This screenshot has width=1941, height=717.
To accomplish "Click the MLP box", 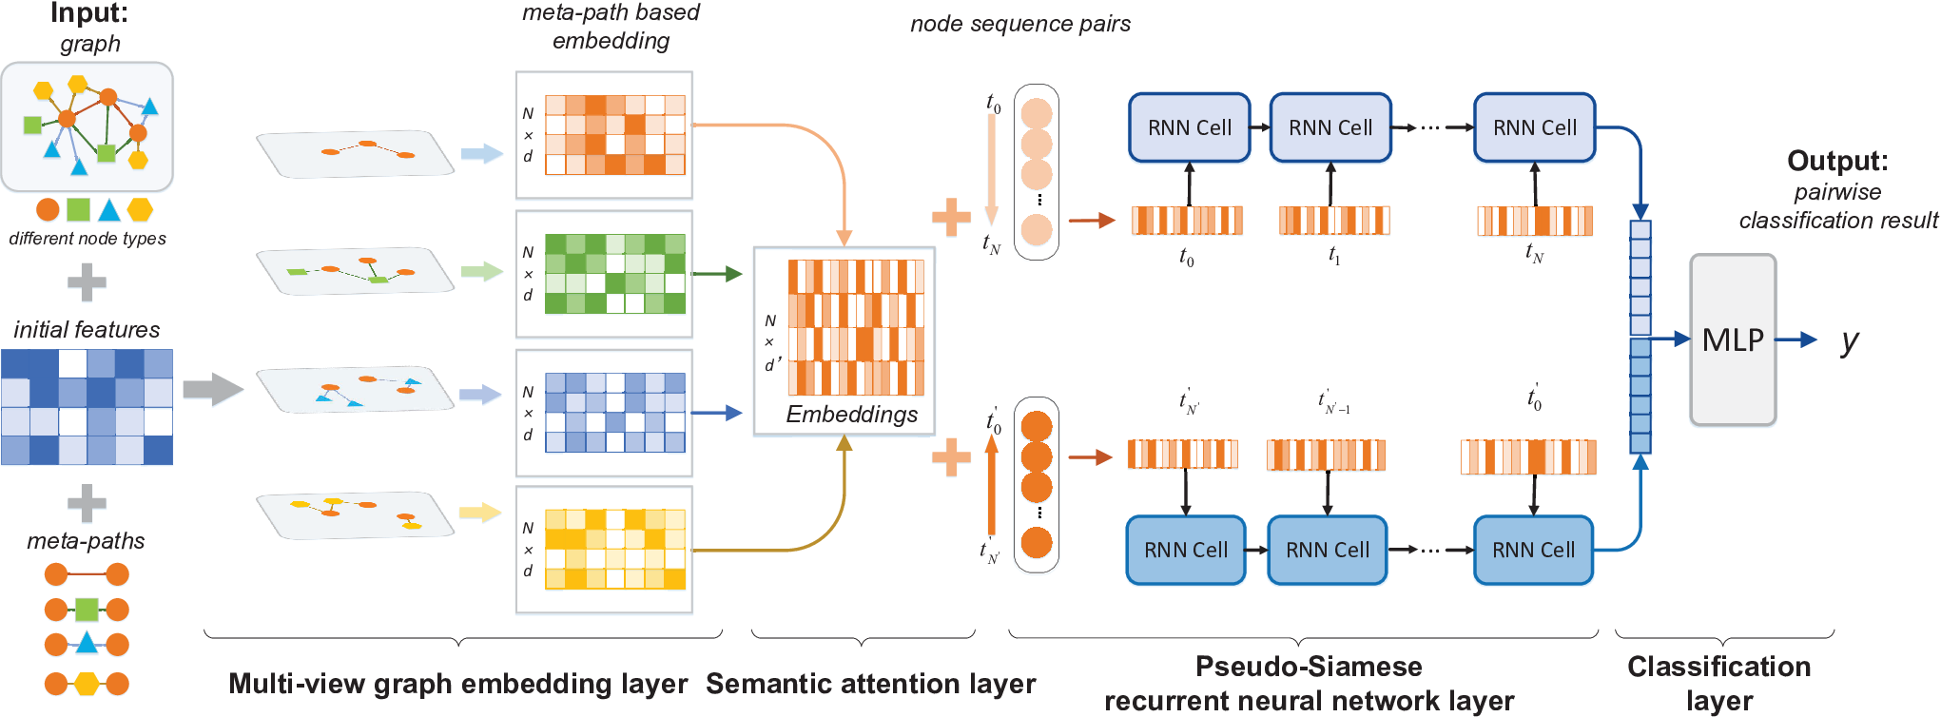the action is (x=1733, y=339).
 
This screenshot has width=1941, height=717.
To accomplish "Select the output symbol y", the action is (x=1850, y=341).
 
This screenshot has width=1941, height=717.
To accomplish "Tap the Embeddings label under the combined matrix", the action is (x=851, y=415).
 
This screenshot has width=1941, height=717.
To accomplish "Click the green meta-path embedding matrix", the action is (x=615, y=274).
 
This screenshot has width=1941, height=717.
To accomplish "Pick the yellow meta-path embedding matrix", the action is (x=615, y=550).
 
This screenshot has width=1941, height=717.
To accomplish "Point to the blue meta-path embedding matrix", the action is (x=615, y=413).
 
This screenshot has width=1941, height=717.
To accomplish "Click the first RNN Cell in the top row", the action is (x=1189, y=127).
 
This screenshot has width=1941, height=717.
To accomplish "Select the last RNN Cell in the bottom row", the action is (x=1533, y=550).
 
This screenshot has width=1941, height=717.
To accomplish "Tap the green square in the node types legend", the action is (x=79, y=209).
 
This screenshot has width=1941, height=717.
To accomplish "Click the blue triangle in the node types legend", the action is (x=109, y=210).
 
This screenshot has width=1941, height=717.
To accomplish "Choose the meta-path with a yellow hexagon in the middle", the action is (x=87, y=684).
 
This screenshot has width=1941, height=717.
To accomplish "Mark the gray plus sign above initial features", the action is (x=87, y=281).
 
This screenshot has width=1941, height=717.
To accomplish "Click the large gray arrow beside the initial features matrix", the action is (x=213, y=389).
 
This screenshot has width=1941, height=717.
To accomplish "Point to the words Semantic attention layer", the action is (x=870, y=684).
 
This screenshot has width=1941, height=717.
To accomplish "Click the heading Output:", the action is (x=1837, y=161).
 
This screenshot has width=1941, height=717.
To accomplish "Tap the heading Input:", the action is (x=89, y=13).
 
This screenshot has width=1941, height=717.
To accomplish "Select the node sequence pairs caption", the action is (x=1020, y=24).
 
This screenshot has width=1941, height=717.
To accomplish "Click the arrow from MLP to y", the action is (x=1796, y=339).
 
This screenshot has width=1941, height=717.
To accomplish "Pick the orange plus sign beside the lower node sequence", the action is (x=951, y=457).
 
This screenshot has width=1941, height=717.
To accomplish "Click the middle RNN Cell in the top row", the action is (x=1330, y=127).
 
